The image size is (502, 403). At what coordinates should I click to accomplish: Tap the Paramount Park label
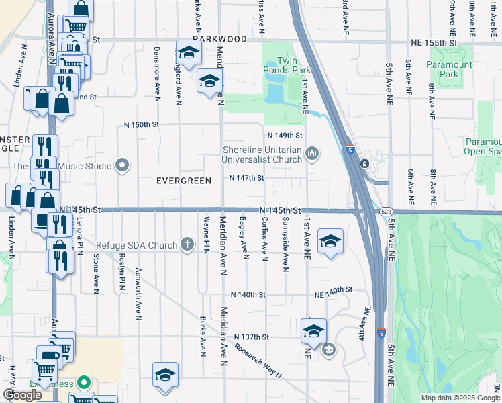(449, 69)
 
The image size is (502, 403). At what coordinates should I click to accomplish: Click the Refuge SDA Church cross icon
(190, 245)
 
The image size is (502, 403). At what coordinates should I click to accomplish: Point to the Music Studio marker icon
(122, 165)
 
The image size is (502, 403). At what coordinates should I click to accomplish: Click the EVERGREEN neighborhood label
(184, 181)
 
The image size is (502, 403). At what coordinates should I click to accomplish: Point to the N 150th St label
(142, 125)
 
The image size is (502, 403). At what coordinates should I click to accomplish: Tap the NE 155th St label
(433, 42)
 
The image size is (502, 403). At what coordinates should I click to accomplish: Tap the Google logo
(22, 395)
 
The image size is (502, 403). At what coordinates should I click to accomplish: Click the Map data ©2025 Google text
(460, 398)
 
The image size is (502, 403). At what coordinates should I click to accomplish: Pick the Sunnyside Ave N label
(286, 244)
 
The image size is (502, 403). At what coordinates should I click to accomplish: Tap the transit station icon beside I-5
(363, 163)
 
